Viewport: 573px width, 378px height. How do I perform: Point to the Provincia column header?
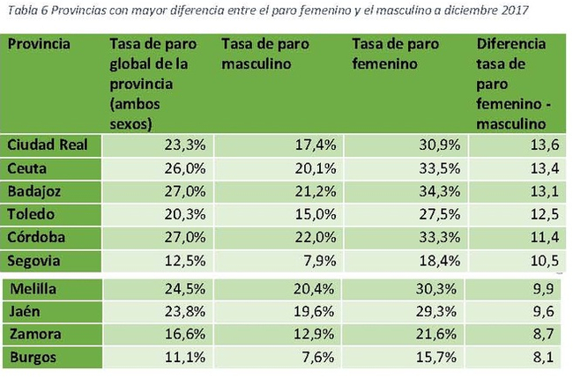coord(39,44)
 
